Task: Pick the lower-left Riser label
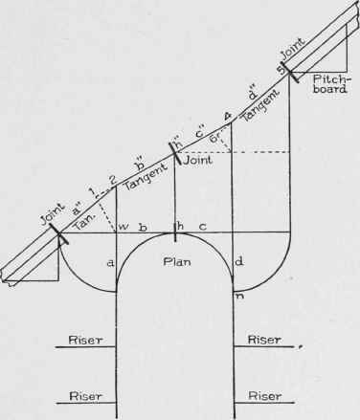click(79, 394)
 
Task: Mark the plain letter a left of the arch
click(108, 261)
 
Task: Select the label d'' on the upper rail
click(252, 95)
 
